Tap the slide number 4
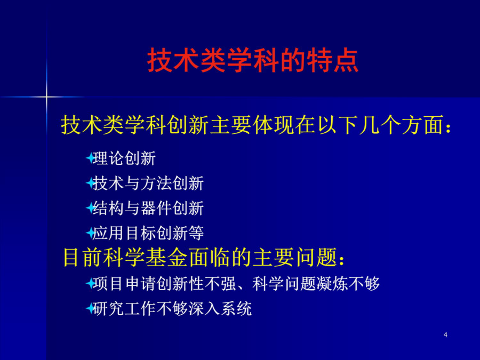pyautogui.click(x=445, y=334)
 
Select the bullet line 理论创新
pyautogui.click(x=124, y=158)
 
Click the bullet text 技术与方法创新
pyautogui.click(x=148, y=183)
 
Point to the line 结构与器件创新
pyautogui.click(x=148, y=208)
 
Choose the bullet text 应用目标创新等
pyautogui.click(x=148, y=233)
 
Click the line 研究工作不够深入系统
pyautogui.click(x=172, y=308)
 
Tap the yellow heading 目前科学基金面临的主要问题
pyautogui.click(x=204, y=257)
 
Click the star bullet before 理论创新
pyautogui.click(x=90, y=158)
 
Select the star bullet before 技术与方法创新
pyautogui.click(x=90, y=183)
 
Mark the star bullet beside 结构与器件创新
pyautogui.click(x=90, y=208)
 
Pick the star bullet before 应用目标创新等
pyautogui.click(x=90, y=233)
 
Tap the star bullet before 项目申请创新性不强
pyautogui.click(x=90, y=284)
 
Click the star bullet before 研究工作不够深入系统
pyautogui.click(x=90, y=308)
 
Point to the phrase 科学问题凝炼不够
pyautogui.click(x=316, y=284)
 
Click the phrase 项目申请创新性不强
pyautogui.click(x=164, y=284)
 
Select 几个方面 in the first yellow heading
pyautogui.click(x=401, y=125)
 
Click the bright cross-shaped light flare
pyautogui.click(x=46, y=97)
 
